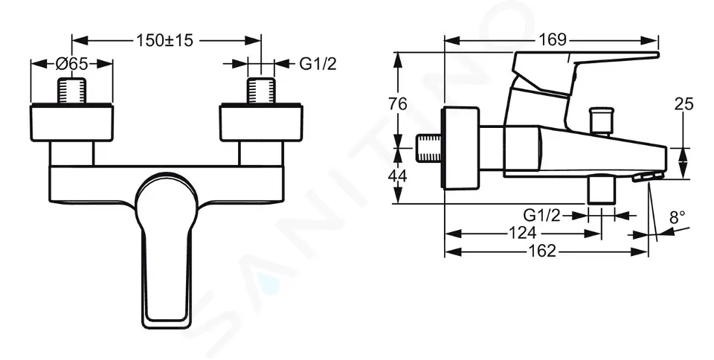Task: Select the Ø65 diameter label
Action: [73, 64]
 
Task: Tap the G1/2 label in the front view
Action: [318, 64]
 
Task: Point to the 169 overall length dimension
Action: [551, 39]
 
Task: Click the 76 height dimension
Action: [399, 104]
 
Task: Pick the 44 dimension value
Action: [399, 176]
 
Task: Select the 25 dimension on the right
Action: [684, 104]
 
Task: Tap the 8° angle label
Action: [677, 218]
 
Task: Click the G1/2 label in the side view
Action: [541, 215]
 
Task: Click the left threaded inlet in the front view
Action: [72, 91]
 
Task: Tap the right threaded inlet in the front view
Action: [261, 91]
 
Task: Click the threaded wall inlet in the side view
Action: [428, 149]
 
